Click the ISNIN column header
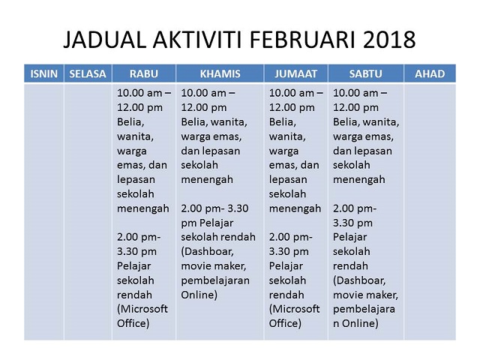coord(44,73)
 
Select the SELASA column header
coord(88,73)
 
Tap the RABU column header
coord(144,73)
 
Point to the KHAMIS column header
coord(220,73)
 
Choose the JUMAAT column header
coord(295,73)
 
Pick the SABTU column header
coord(366,73)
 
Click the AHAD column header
coord(430,73)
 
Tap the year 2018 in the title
coord(389,40)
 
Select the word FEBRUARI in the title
coord(303,40)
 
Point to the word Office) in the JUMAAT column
coord(285,323)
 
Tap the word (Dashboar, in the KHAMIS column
coord(207,252)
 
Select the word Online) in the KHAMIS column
coord(199,295)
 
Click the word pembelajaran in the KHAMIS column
coord(215,280)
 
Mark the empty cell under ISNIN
coord(44,211)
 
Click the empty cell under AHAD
coord(430,211)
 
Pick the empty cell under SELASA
coord(88,211)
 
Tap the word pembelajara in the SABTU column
coord(364,310)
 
